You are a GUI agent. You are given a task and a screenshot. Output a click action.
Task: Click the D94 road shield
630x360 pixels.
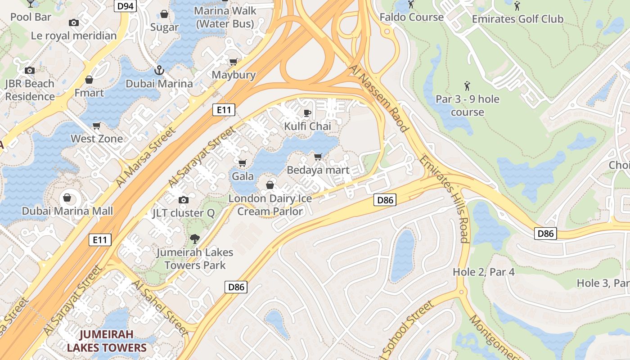coord(125,6)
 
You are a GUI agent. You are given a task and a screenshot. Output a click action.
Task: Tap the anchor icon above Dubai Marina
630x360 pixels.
coord(159,70)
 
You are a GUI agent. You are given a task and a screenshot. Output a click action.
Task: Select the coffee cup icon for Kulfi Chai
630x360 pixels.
coord(307,112)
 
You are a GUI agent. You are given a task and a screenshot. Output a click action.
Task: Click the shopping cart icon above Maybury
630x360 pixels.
coord(233,62)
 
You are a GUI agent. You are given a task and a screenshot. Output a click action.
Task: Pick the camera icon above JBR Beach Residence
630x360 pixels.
coord(30,70)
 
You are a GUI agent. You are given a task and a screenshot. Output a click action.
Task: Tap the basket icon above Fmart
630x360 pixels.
coord(89,80)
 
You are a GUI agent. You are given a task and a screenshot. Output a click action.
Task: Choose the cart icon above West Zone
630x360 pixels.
coord(96,126)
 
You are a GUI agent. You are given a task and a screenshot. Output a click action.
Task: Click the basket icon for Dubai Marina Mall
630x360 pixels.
coord(67,198)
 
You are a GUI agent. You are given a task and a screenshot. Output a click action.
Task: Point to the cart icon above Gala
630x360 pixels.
coord(242,162)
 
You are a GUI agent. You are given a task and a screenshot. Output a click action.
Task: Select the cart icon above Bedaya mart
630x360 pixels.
coord(318,157)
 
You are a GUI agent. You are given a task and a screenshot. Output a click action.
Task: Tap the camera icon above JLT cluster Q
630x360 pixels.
coord(183,200)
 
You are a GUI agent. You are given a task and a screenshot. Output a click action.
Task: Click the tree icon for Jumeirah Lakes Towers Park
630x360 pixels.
coord(194,238)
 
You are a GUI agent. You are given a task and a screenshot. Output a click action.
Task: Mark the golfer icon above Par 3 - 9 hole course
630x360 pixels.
coord(467,85)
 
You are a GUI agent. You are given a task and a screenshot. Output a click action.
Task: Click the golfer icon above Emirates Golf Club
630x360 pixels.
coord(517,6)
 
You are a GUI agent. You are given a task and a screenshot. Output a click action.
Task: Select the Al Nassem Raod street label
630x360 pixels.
coord(379,99)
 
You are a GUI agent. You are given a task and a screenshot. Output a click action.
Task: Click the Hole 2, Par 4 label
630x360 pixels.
coord(484,272)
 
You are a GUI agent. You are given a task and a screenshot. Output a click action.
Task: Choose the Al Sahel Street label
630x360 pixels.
coord(160,307)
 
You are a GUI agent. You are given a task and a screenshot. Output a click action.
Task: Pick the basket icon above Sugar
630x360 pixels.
coord(164,14)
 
